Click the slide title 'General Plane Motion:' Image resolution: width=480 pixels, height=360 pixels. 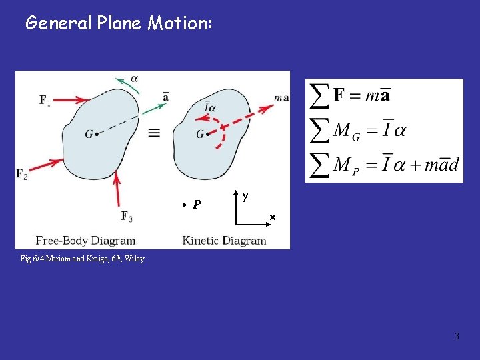pos(119,23)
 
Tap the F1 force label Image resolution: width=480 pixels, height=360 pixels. pos(45,101)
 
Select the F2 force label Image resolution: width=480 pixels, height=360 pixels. pos(22,174)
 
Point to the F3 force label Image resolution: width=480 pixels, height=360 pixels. pos(127,215)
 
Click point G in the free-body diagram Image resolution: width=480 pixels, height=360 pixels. pos(97,134)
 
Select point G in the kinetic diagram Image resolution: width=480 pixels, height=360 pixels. pos(208,134)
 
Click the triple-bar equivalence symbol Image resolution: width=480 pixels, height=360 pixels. pos(154,133)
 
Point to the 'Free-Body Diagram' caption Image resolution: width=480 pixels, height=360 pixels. pos(85,241)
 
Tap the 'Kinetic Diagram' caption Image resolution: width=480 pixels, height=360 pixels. pos(224,241)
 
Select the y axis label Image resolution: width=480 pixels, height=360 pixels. pos(246,196)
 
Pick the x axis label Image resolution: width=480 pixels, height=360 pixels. pos(272,217)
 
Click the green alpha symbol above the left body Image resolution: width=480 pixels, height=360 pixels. pos(135,78)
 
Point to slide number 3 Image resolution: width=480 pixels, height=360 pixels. pos(457,336)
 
